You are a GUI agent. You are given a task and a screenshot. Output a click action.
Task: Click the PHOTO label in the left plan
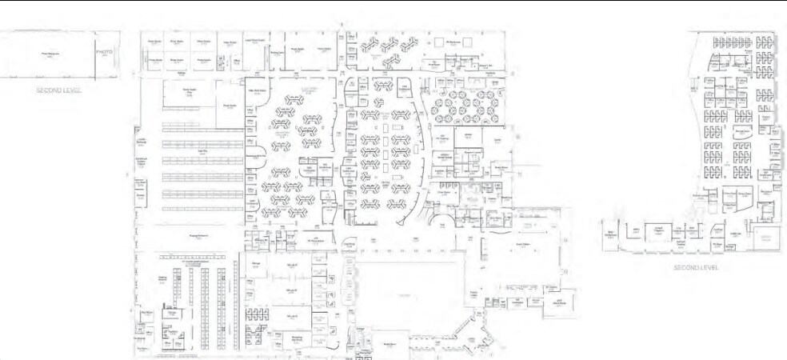(x=105, y=52)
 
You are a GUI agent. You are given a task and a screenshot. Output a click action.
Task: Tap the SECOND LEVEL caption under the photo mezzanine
(x=61, y=90)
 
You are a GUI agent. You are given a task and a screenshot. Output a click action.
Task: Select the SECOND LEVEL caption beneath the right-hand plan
(x=696, y=267)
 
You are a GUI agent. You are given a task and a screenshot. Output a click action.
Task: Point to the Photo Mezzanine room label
(x=51, y=54)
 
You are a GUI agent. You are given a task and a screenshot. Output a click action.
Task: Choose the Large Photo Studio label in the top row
(x=254, y=40)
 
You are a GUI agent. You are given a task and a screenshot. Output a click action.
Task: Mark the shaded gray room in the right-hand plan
(x=766, y=238)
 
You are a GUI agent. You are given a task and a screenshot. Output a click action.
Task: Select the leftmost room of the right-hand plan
(x=615, y=232)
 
